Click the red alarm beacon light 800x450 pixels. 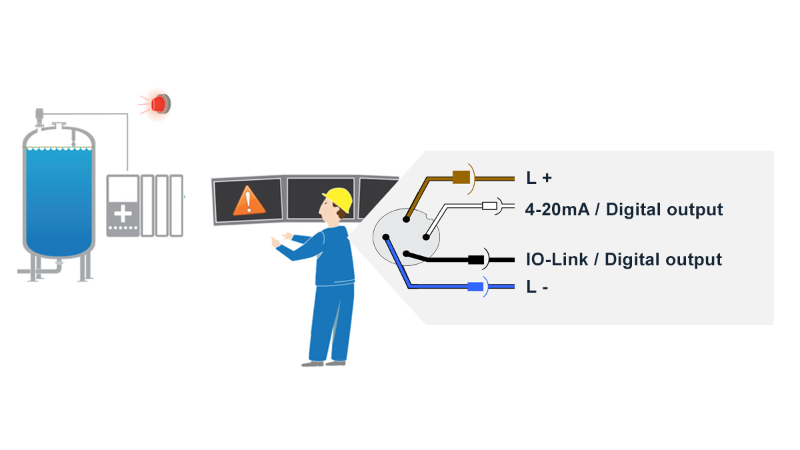161,104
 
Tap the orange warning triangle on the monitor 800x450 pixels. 248,200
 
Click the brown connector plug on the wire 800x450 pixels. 461,177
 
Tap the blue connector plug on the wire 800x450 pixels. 475,287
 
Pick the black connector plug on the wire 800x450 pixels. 476,259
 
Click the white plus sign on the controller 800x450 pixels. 123,214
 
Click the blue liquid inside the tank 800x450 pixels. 58,200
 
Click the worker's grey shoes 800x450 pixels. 324,363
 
